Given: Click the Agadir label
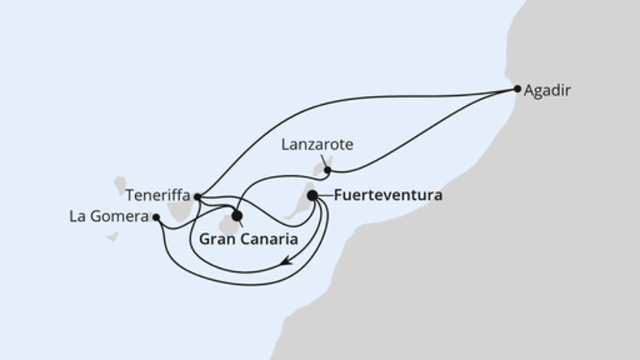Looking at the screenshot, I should [548, 91].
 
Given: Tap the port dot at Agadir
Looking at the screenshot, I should [518, 89].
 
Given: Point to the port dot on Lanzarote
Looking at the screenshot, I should [327, 170].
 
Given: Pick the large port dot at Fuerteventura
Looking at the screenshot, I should [312, 194].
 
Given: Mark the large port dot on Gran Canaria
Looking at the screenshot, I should [236, 214].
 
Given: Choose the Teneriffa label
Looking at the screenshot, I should [158, 193].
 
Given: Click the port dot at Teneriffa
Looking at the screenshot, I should [197, 196].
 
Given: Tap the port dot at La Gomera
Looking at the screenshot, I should [157, 217].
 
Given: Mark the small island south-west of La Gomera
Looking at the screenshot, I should [113, 237].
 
